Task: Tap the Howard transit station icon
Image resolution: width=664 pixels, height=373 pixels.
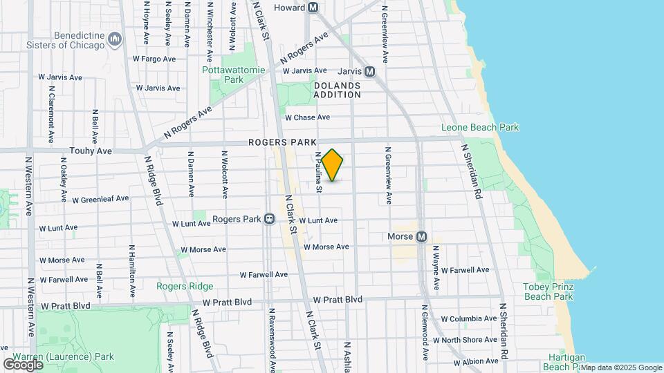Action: pyautogui.click(x=313, y=8)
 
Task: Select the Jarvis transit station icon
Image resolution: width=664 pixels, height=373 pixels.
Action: pyautogui.click(x=369, y=71)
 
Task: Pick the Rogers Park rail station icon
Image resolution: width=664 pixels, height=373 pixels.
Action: pyautogui.click(x=269, y=219)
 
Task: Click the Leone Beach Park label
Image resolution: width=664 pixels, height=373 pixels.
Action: pyautogui.click(x=480, y=128)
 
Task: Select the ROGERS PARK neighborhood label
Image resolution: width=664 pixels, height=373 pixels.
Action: pyautogui.click(x=277, y=142)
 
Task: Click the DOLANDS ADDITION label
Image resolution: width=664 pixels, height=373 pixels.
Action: pyautogui.click(x=337, y=90)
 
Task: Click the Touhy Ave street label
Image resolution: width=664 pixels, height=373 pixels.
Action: pyautogui.click(x=91, y=151)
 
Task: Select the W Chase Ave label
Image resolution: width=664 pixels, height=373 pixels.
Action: pyautogui.click(x=307, y=117)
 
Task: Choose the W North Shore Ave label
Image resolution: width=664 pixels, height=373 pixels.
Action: pyautogui.click(x=470, y=340)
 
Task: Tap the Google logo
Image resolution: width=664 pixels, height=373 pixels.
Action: pyautogui.click(x=23, y=364)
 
